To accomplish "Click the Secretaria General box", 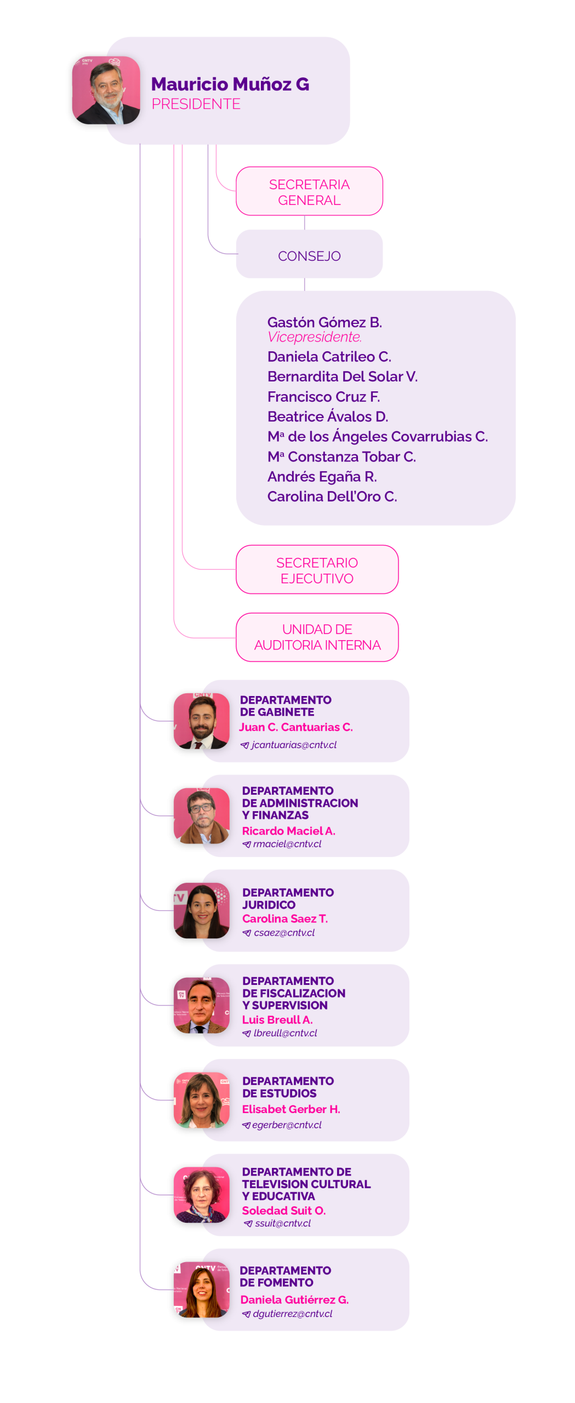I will (309, 191).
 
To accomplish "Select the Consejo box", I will (309, 255).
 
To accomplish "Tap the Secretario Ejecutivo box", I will (317, 570).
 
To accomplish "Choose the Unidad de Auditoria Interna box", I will (317, 637).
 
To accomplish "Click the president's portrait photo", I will (106, 90).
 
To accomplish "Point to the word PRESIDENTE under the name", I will (196, 104).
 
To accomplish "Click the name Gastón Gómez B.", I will (324, 322).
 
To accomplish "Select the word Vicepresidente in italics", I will (314, 337).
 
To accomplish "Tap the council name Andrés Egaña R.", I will (322, 477).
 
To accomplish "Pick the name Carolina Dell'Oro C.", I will (332, 497).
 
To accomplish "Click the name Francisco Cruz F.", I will (323, 397).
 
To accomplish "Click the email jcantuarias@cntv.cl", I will (294, 745).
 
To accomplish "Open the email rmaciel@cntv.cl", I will (287, 844).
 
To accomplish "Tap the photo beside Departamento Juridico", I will (202, 910).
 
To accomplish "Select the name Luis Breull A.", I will (277, 1020).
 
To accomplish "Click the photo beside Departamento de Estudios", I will (202, 1100).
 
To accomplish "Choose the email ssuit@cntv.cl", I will (283, 1223).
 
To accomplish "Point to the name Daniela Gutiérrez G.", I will (294, 1300).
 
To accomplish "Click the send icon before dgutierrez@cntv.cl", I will (246, 1314).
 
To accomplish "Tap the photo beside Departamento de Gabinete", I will (202, 721).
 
